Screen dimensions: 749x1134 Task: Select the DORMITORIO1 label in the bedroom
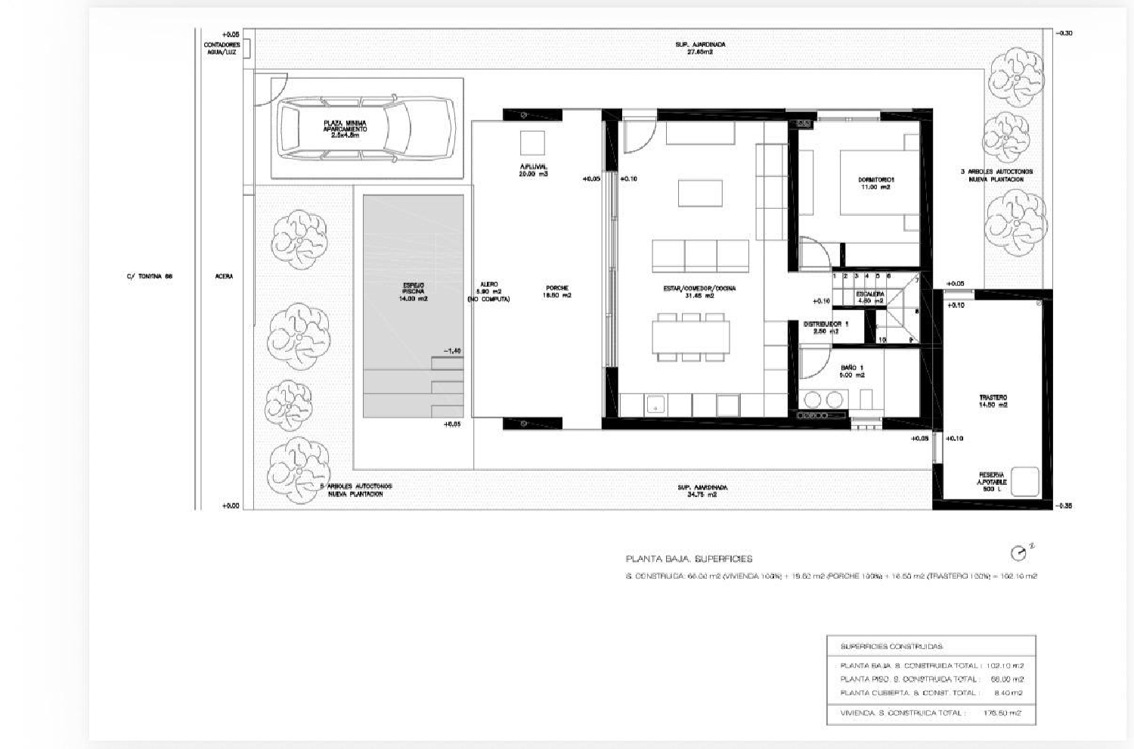[x=873, y=179]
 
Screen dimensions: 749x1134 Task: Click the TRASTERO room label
[x=993, y=397]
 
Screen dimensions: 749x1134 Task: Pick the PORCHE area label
[x=557, y=287]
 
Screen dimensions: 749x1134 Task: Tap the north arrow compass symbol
[x=1019, y=554]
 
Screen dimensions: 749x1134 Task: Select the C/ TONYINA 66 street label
[x=150, y=276]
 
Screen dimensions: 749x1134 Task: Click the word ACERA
[x=224, y=276]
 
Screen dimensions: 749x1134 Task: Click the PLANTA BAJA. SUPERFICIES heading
[x=689, y=559]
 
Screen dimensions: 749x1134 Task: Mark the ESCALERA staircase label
[x=869, y=294]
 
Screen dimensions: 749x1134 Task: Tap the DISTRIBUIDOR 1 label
[x=826, y=324]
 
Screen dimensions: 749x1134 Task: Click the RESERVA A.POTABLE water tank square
[x=1024, y=480]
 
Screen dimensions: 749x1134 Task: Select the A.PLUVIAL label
[x=532, y=166]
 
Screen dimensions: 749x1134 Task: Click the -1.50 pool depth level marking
[x=452, y=351]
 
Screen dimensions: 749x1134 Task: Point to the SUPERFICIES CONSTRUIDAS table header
[x=891, y=647]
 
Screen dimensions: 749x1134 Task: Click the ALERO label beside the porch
[x=488, y=284]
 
